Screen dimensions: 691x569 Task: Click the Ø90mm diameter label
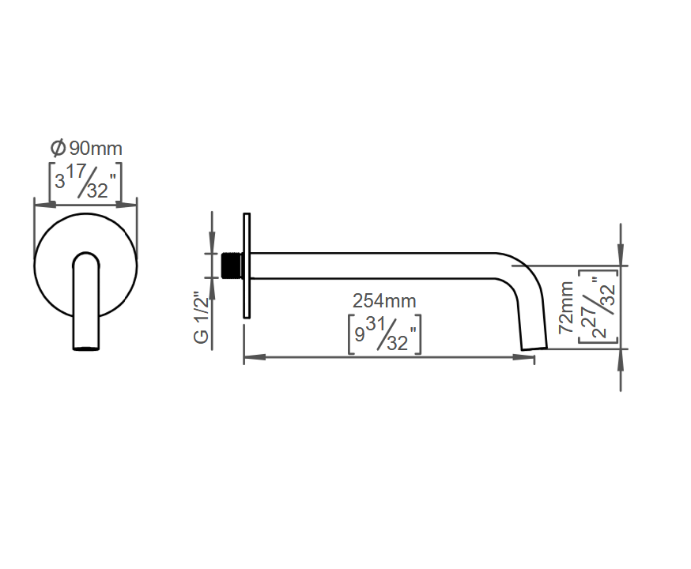tap(86, 148)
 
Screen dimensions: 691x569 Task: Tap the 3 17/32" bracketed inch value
tap(85, 181)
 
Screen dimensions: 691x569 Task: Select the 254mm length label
tap(384, 301)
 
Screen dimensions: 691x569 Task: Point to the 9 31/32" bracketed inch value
tap(384, 333)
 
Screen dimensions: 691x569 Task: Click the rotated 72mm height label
tap(566, 308)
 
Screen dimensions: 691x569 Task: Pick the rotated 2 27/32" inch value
tap(598, 307)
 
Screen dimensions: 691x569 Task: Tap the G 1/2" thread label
tap(201, 317)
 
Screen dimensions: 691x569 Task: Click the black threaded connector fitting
tap(232, 266)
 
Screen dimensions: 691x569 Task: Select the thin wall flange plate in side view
tap(247, 266)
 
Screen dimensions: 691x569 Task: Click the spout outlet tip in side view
tap(534, 349)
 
